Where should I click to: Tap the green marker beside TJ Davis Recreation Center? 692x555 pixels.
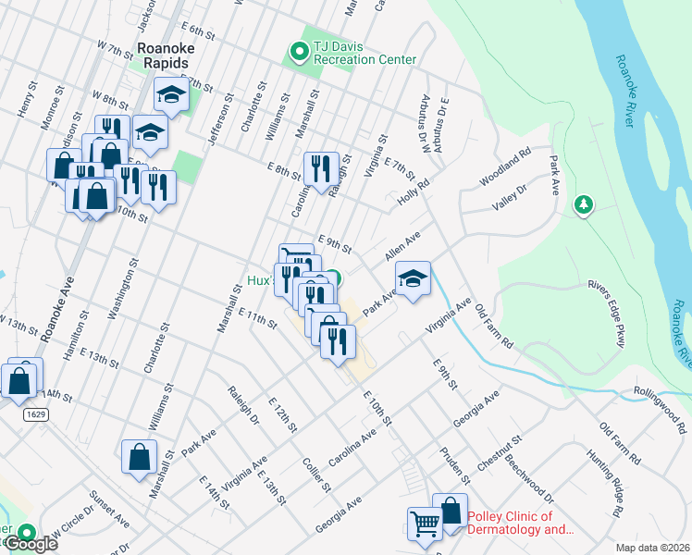(300, 53)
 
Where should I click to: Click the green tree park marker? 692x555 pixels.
(583, 203)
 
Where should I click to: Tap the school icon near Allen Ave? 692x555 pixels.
(413, 278)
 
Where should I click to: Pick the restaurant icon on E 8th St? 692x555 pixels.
(321, 168)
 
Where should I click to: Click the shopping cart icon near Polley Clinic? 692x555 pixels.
(425, 524)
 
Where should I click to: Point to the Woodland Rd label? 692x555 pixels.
(505, 166)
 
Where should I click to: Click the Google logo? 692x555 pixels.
(30, 545)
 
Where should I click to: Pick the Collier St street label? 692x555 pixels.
(317, 473)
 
